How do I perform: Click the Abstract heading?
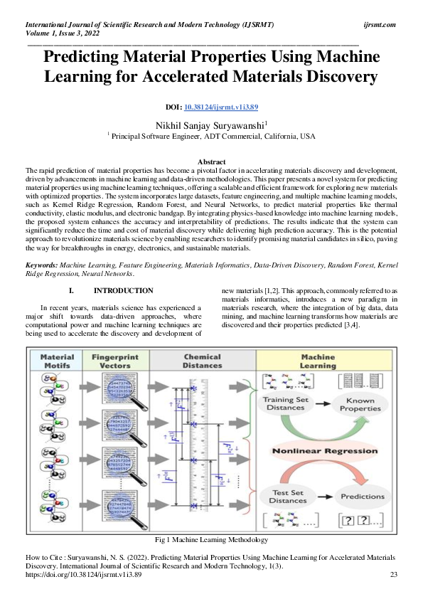coord(211,162)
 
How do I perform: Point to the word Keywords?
coord(41,265)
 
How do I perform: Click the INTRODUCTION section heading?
coord(123,290)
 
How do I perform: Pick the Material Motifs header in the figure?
coord(58,361)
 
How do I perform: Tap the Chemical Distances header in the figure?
coord(202,361)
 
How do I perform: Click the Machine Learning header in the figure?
coord(318,361)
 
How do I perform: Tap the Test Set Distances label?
coord(288,495)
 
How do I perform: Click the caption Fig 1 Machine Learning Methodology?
coord(211,540)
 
